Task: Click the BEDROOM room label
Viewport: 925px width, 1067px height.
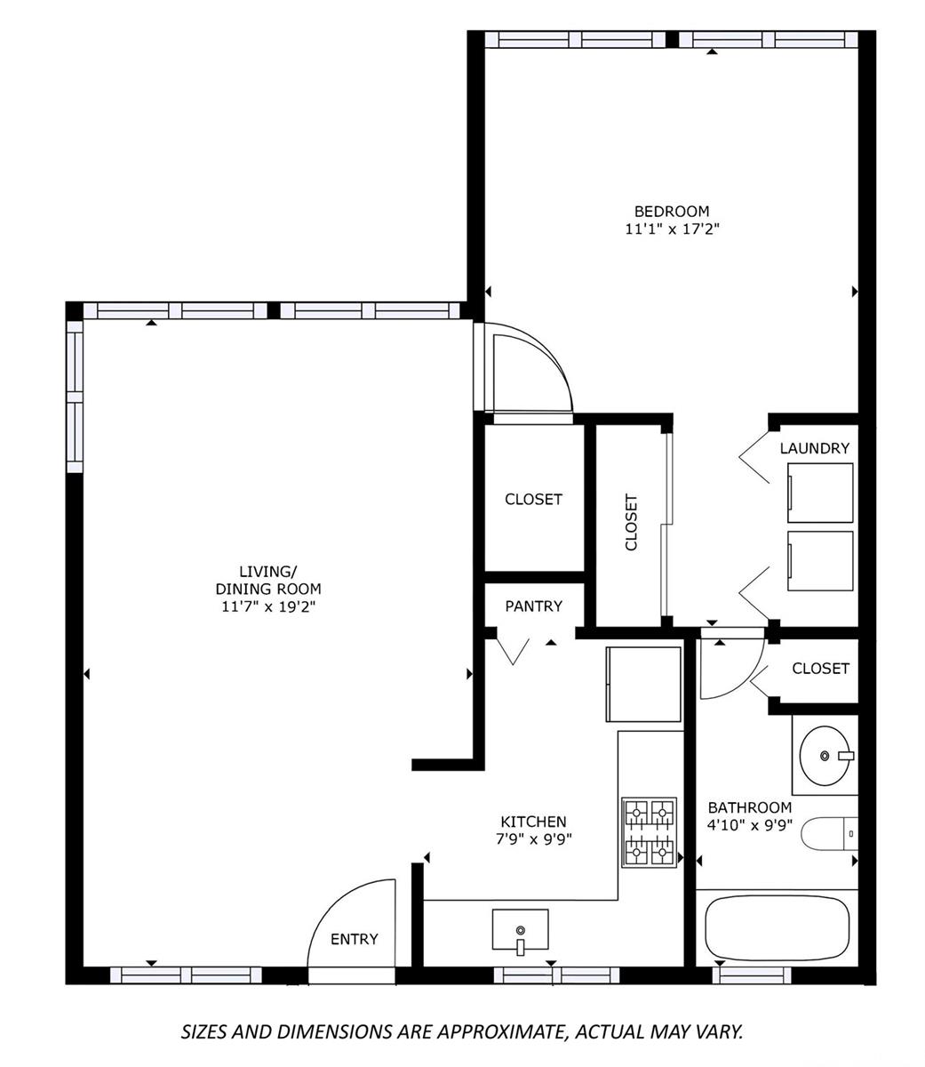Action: tap(671, 212)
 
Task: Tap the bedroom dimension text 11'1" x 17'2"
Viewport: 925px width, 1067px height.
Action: tap(672, 229)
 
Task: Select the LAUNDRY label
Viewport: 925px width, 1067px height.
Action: tap(814, 448)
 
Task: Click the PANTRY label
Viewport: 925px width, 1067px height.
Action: tap(534, 606)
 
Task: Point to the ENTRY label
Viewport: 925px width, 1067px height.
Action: tap(355, 939)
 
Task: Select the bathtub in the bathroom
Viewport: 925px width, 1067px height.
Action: tap(777, 927)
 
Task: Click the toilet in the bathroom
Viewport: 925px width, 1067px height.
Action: tap(829, 834)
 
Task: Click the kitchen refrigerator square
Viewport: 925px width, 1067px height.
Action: tap(643, 685)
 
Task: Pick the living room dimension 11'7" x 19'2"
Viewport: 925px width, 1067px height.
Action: tap(268, 606)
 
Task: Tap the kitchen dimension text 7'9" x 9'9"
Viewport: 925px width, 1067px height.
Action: tap(534, 839)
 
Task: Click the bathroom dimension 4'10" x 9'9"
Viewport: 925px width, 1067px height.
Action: tap(750, 825)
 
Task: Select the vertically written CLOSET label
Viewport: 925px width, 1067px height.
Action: tap(631, 523)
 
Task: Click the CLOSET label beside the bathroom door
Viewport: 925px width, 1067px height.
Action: tap(821, 668)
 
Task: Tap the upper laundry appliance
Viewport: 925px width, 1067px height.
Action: tap(820, 493)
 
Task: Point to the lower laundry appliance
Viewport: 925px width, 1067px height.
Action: tap(820, 561)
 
